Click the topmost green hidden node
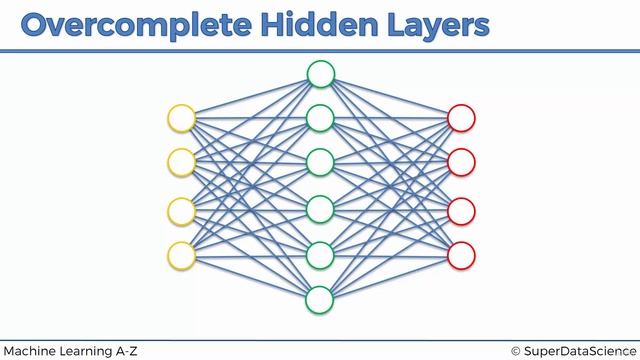pyautogui.click(x=320, y=73)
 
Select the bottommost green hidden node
pyautogui.click(x=320, y=299)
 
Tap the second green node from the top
pyautogui.click(x=320, y=118)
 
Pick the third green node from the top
pyautogui.click(x=320, y=162)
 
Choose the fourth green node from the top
pyautogui.click(x=320, y=209)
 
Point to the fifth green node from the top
pyautogui.click(x=320, y=255)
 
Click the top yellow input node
pyautogui.click(x=181, y=118)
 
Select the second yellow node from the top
pyautogui.click(x=181, y=161)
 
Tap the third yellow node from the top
pyautogui.click(x=181, y=211)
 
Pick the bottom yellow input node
pyautogui.click(x=181, y=254)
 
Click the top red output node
pyautogui.click(x=461, y=118)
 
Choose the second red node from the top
pyautogui.click(x=461, y=161)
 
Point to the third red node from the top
pyautogui.click(x=461, y=211)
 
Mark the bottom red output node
pyautogui.click(x=461, y=254)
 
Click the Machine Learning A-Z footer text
pyautogui.click(x=70, y=350)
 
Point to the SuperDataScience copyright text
pyautogui.click(x=580, y=350)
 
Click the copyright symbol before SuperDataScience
pyautogui.click(x=516, y=350)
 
